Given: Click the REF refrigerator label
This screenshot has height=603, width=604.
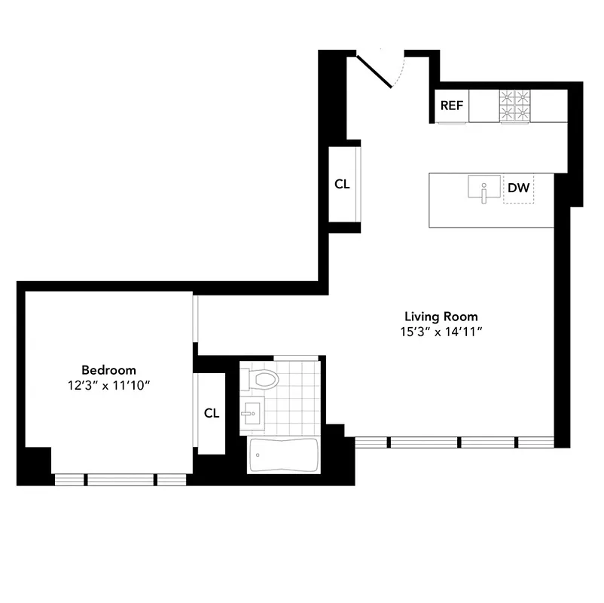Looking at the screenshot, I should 452,106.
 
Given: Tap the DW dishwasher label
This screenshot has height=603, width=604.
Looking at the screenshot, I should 518,188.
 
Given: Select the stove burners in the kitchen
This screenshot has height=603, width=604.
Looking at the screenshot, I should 515,106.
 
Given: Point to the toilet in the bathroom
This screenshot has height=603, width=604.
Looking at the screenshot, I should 263,379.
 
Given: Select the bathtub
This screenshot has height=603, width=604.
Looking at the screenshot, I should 283,455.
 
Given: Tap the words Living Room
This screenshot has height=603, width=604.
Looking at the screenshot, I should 441,317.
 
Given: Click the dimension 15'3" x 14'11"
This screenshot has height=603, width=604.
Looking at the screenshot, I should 441,331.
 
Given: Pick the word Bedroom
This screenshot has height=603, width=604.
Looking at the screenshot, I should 108,370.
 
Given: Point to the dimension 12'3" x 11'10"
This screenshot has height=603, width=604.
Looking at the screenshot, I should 108,384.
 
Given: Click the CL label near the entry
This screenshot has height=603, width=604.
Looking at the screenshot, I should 342,184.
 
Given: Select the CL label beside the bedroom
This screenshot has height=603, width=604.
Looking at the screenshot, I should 212,413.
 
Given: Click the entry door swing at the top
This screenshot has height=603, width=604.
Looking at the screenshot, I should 380,69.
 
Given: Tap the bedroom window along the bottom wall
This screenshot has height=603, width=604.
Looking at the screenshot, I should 120,479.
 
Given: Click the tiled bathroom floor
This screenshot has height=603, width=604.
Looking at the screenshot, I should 294,399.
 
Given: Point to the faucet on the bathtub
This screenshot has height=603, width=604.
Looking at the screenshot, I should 258,455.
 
